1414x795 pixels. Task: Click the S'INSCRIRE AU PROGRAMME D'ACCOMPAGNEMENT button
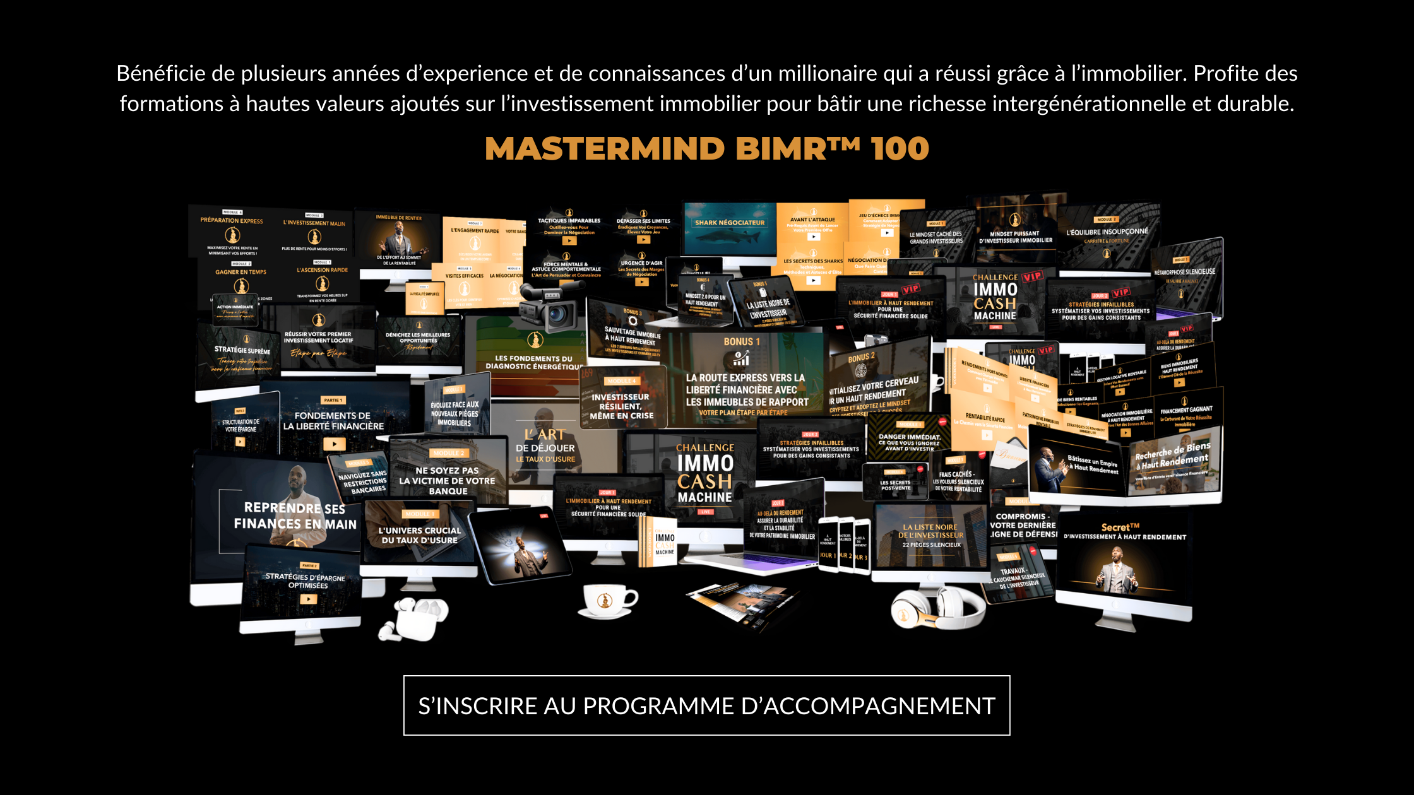[x=706, y=705]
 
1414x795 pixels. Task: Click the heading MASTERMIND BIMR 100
[x=706, y=149]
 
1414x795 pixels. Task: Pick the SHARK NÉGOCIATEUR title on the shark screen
[x=730, y=223]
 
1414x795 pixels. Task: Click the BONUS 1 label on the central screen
[x=742, y=341]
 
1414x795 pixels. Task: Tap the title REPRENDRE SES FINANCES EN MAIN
[x=295, y=515]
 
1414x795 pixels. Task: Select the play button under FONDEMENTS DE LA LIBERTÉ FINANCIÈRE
[x=334, y=444]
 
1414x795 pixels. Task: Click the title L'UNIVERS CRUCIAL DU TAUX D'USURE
[x=420, y=535]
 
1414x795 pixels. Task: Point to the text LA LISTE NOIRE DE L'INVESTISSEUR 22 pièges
[x=931, y=535]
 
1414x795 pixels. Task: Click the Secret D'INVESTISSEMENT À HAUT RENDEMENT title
[x=1124, y=531]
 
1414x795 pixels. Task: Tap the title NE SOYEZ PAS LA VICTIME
[x=447, y=480]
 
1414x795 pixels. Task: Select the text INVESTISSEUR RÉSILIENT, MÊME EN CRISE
[x=621, y=406]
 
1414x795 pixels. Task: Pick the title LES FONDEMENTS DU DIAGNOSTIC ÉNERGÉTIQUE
[x=534, y=362]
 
